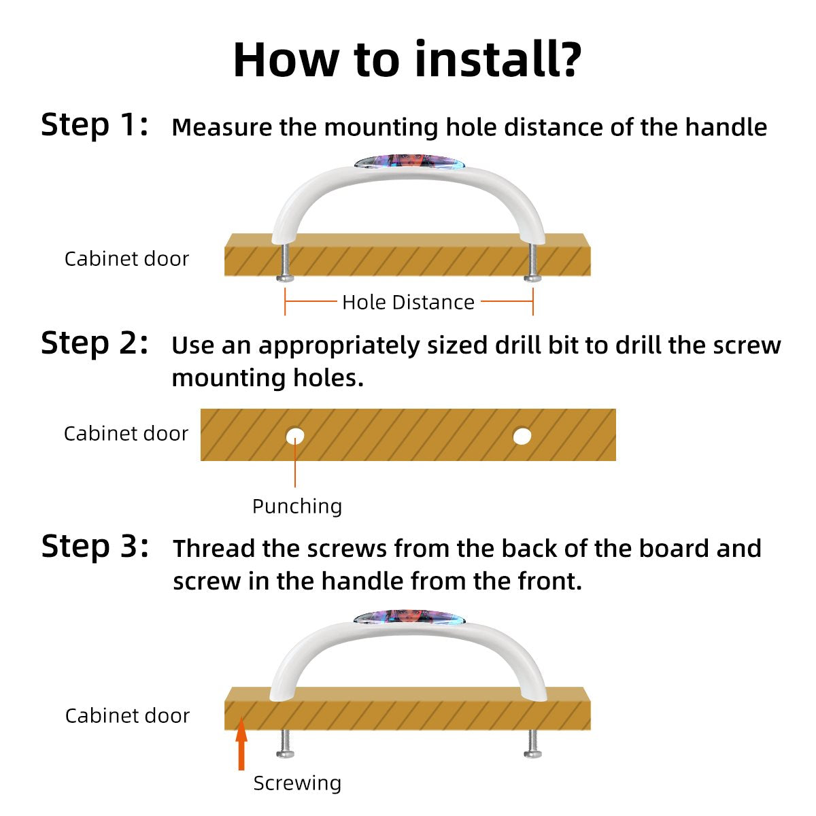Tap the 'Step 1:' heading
(95, 125)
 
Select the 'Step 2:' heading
(95, 343)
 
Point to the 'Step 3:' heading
(95, 547)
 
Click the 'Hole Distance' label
(408, 303)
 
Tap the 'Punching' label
(297, 507)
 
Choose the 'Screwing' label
(297, 783)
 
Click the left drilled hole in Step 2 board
(295, 436)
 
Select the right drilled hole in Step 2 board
(522, 436)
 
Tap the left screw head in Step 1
(285, 278)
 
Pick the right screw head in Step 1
(532, 278)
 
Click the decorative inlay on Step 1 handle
(410, 162)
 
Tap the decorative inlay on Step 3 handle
(410, 617)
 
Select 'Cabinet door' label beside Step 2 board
(126, 434)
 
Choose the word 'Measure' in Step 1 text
(222, 127)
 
